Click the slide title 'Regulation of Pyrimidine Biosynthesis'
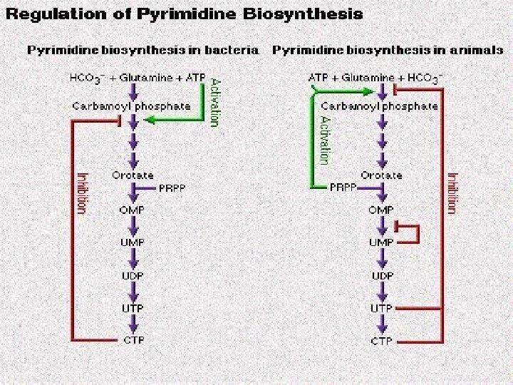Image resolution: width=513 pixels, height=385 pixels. (183, 14)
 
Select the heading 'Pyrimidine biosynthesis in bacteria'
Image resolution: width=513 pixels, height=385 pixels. (144, 50)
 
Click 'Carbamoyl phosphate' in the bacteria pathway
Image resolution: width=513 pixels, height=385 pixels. (132, 106)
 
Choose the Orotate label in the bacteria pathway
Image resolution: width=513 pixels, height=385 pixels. (132, 175)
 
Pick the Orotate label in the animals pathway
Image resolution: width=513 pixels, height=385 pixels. (382, 175)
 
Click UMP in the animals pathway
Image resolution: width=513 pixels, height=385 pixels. (381, 242)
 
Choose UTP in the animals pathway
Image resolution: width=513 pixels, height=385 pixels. (381, 308)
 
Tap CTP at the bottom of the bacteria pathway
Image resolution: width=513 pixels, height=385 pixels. (132, 340)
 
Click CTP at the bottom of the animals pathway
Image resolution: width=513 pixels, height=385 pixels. (381, 341)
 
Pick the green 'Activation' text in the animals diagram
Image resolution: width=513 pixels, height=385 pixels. (325, 140)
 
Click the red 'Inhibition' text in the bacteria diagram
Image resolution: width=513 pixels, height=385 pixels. (82, 192)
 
